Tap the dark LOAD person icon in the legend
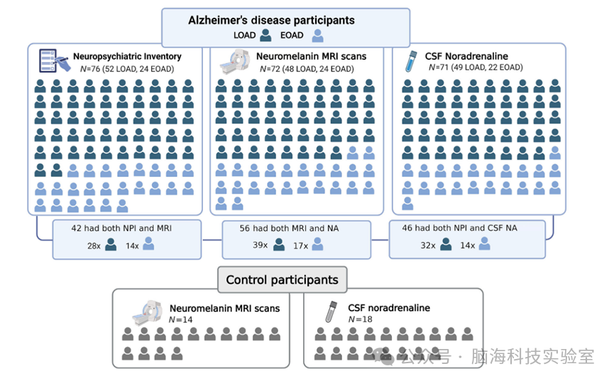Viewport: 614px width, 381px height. pyautogui.click(x=265, y=35)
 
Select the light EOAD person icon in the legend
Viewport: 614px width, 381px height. pyautogui.click(x=317, y=35)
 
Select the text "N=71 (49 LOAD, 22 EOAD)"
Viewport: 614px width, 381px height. pyautogui.click(x=475, y=68)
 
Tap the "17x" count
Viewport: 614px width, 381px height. pyautogui.click(x=301, y=245)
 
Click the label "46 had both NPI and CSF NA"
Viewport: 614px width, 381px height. pyautogui.click(x=467, y=228)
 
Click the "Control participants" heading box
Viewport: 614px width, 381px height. pyautogui.click(x=282, y=279)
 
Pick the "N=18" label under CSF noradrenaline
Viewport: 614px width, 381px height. pyautogui.click(x=360, y=319)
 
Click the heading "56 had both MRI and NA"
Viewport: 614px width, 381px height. pyautogui.click(x=297, y=228)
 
